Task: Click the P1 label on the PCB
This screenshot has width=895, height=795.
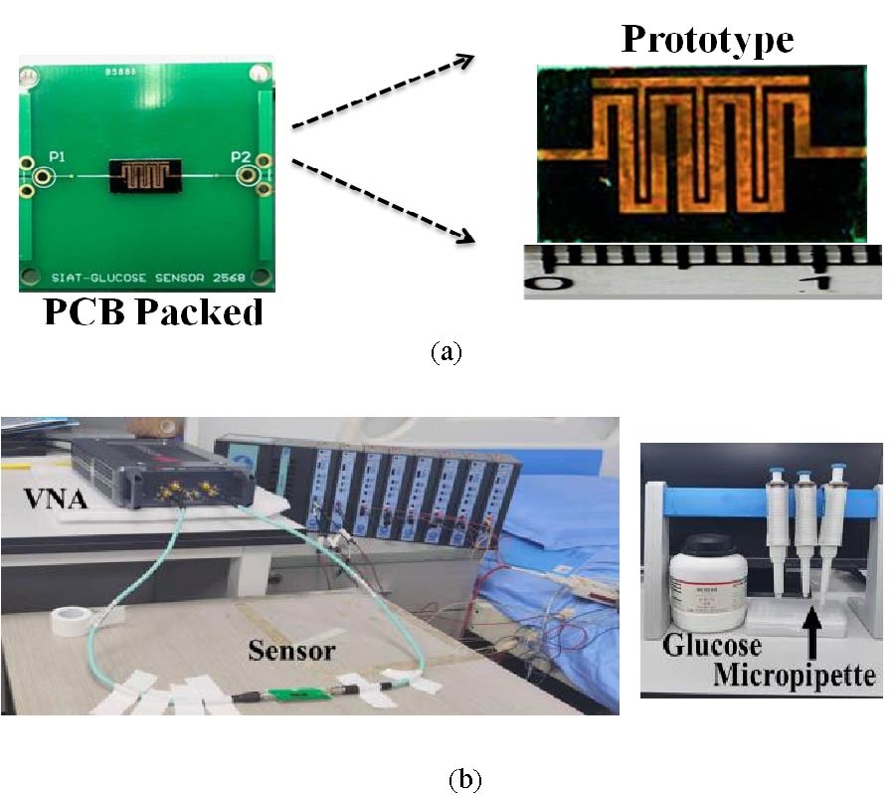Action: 58,156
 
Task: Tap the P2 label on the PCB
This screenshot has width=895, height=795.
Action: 240,155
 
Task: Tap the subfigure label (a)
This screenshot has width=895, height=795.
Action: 447,351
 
